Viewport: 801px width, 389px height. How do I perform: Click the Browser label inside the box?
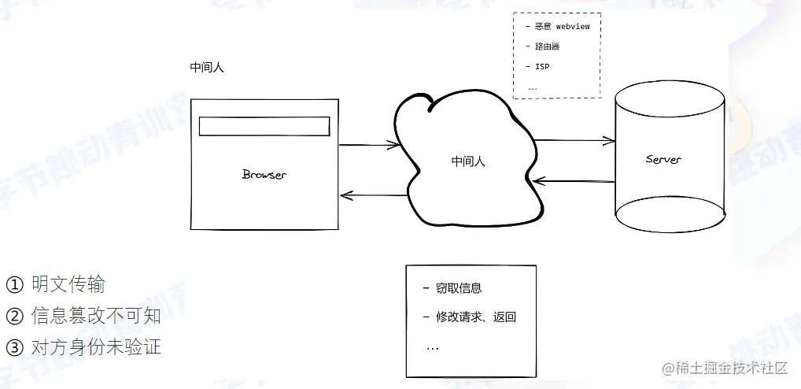pos(264,174)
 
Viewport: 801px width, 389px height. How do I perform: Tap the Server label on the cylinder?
pos(663,160)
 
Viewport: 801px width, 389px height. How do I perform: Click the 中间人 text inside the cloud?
pos(468,161)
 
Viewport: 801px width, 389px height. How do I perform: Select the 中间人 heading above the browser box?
pos(207,67)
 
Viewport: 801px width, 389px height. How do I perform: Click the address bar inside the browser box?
pos(264,126)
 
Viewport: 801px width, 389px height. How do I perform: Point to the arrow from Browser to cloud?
pos(369,145)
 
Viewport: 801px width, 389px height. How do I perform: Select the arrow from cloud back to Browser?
pos(373,194)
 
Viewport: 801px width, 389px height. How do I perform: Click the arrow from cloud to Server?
pos(574,141)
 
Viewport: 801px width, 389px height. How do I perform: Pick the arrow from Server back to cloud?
pos(574,181)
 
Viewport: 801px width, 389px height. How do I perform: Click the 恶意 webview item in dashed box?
pos(562,26)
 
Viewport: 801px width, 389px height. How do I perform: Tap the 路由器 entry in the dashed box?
pos(547,46)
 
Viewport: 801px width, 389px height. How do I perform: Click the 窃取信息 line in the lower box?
pos(459,289)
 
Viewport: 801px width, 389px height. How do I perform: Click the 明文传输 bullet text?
pos(68,284)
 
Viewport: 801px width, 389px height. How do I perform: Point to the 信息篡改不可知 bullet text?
pos(96,316)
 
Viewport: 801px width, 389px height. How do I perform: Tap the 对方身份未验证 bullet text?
pos(96,347)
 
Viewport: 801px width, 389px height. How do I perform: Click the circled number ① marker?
pos(14,284)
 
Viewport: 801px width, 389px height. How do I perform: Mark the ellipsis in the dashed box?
pos(533,87)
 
